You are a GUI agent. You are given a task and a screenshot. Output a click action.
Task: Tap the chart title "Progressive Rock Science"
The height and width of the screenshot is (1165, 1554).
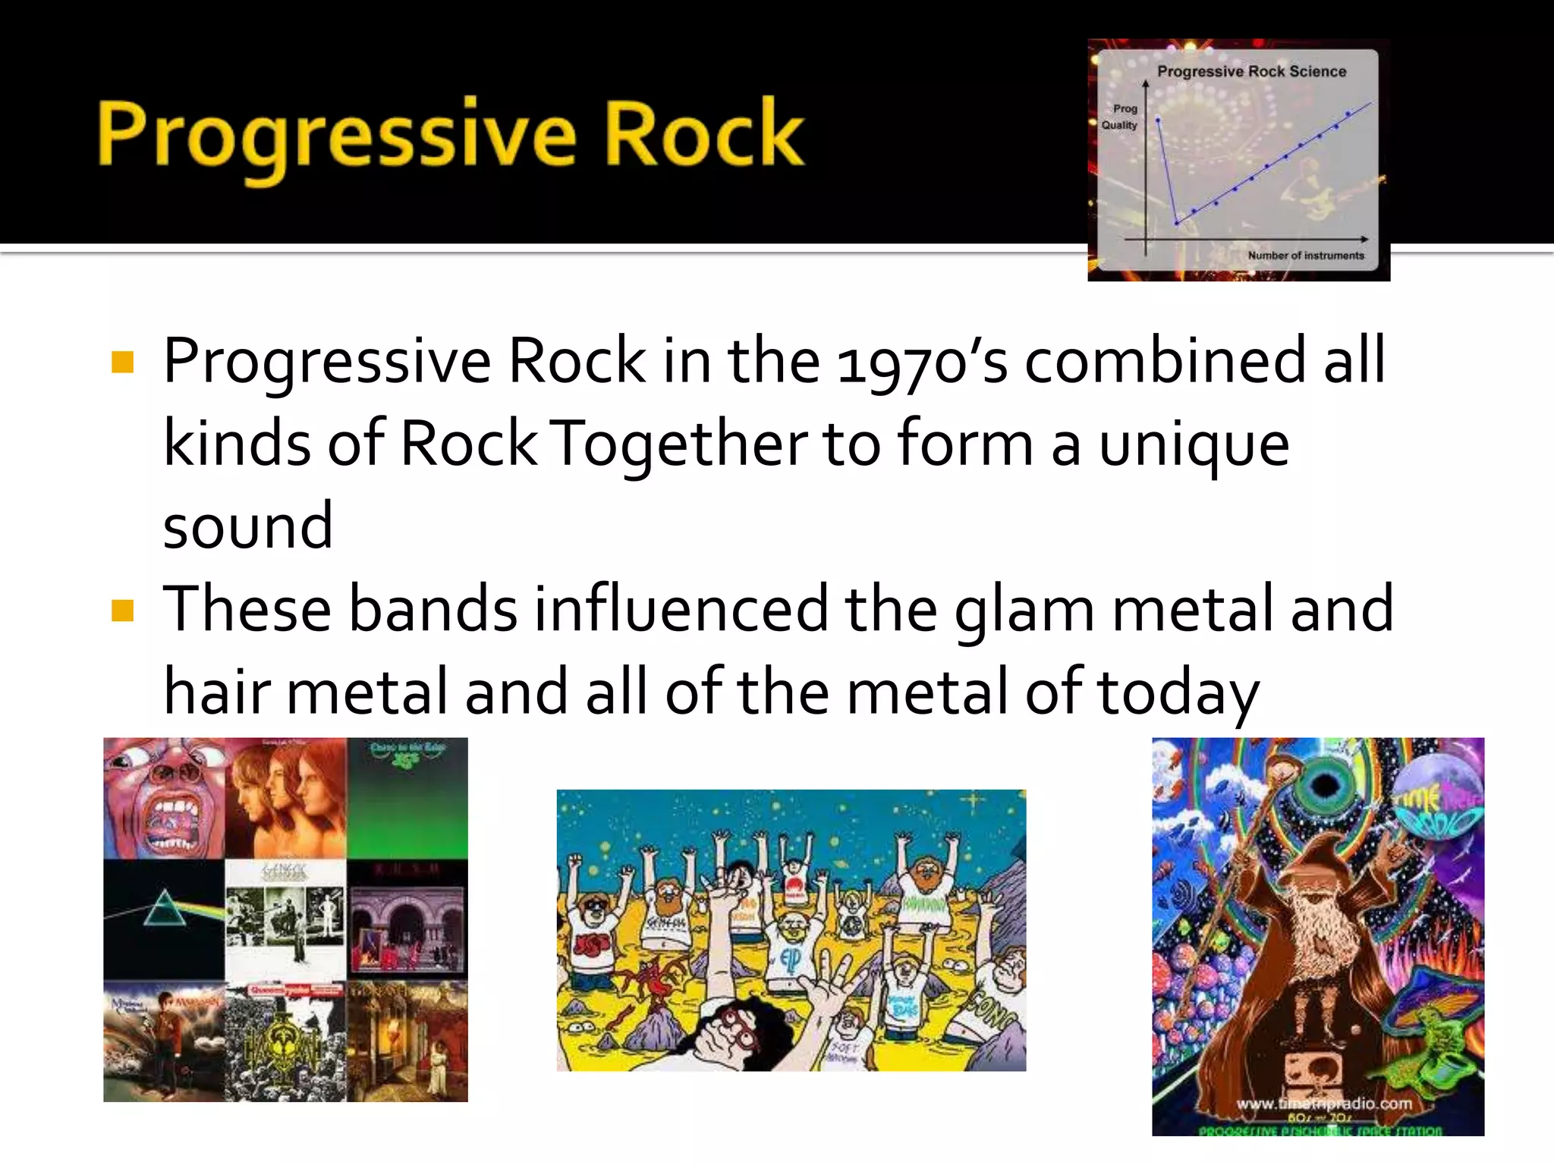(x=1251, y=71)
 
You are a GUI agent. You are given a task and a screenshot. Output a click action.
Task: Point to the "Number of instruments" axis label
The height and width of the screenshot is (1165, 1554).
(x=1306, y=256)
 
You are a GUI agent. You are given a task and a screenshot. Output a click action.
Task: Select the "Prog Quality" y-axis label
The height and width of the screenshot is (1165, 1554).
(x=1121, y=117)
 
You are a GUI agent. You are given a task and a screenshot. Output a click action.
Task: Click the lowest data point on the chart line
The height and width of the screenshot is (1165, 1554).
(x=1177, y=223)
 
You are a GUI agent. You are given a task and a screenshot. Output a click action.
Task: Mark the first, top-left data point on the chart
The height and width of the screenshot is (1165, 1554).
(x=1158, y=120)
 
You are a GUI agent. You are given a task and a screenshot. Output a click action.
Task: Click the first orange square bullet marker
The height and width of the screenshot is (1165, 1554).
(x=122, y=363)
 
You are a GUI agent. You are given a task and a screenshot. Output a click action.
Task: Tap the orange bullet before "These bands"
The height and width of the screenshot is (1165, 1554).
(x=122, y=611)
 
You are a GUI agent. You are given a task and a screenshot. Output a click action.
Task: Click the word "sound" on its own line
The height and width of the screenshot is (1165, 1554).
(x=248, y=526)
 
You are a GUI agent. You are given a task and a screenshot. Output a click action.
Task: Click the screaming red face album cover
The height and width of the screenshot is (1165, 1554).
(x=165, y=798)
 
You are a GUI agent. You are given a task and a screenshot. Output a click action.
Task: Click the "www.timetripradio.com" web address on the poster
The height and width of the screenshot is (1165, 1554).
(x=1324, y=1104)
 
